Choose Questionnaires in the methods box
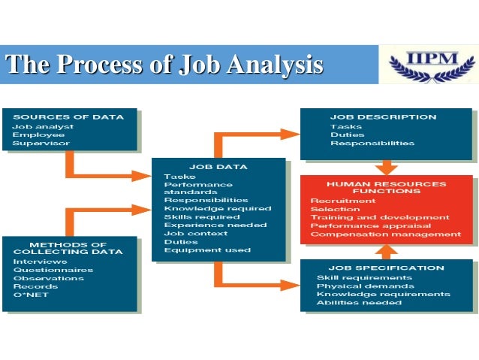pos(53,270)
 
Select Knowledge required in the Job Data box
pos(218,208)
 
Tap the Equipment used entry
pos(207,250)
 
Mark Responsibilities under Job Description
pos(372,143)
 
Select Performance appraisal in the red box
pos(371,225)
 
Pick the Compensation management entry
pos(386,234)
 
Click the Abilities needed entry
pos(359,303)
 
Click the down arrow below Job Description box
pos(387,167)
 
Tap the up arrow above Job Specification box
pos(387,251)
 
